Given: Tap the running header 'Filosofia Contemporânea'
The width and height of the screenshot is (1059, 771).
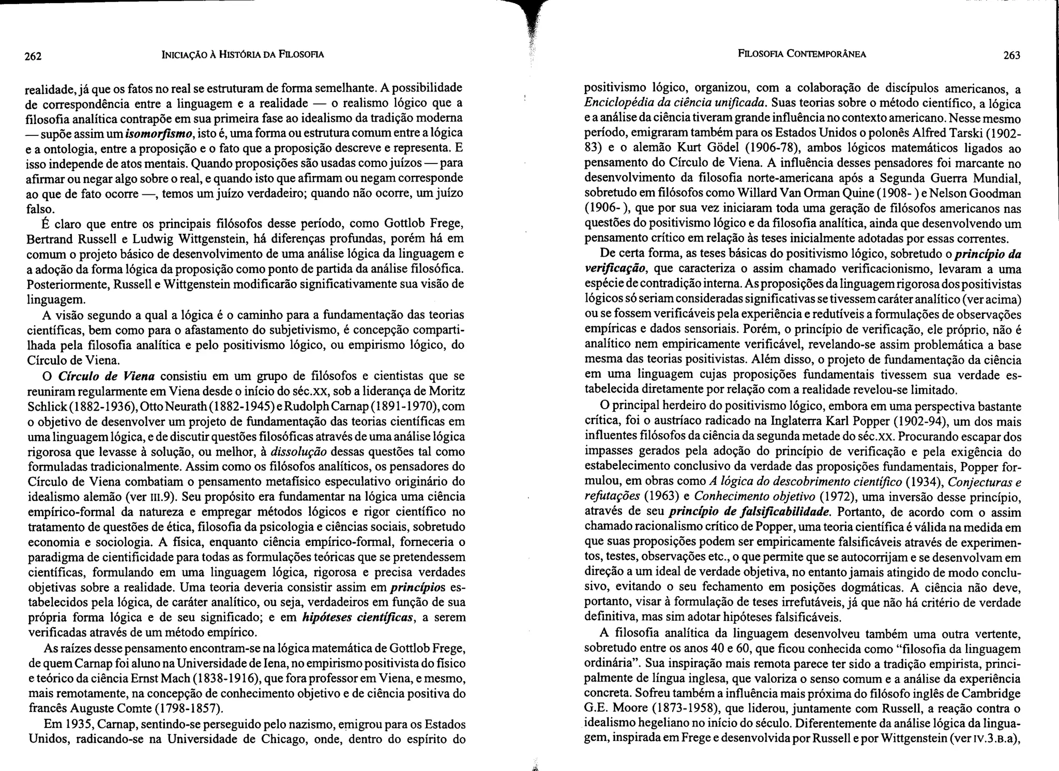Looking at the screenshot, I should pos(802,54).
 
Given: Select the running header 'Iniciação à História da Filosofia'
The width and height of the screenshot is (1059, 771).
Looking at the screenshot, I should pos(243,54).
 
